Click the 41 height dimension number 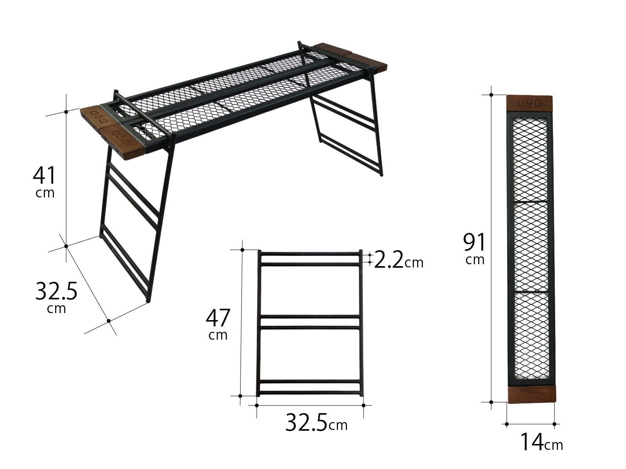(44, 175)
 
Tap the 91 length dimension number (474, 242)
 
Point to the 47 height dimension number (218, 318)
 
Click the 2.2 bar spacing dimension (389, 260)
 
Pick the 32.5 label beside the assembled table (56, 291)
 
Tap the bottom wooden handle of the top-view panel (532, 394)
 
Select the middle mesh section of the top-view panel (531, 246)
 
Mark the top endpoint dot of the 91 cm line (491, 95)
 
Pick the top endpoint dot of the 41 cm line (66, 112)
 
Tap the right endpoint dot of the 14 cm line (554, 424)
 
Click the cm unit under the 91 (475, 260)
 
